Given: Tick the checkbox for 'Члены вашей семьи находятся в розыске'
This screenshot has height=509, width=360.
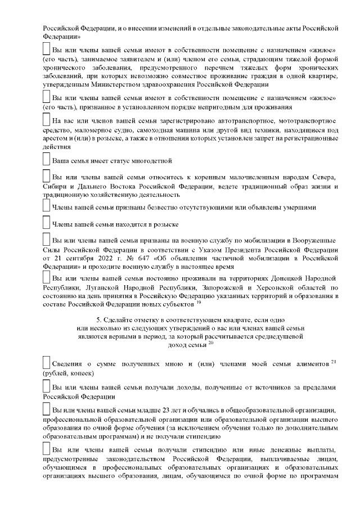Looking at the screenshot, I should click(x=47, y=223).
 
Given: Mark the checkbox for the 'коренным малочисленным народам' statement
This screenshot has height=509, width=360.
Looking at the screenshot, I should click(x=47, y=176).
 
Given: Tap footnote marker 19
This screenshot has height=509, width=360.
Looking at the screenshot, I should click(x=199, y=302).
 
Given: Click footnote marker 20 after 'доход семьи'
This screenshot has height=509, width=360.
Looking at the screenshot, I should click(x=210, y=343).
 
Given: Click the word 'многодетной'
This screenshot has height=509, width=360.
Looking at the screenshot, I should click(x=152, y=161).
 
